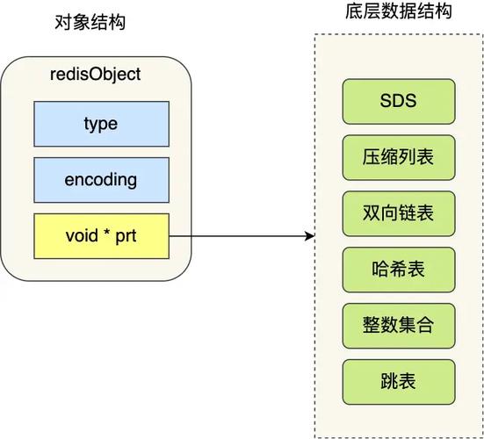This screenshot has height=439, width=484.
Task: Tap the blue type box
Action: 101,124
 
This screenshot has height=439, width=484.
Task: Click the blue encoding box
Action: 101,180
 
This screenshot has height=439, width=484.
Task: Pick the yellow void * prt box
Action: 101,236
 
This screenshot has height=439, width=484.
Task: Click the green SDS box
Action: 399,101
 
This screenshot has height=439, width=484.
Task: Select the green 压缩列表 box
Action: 399,157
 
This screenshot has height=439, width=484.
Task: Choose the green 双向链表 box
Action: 399,213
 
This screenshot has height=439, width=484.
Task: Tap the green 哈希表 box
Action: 399,270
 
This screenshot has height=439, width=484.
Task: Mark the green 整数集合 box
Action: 399,326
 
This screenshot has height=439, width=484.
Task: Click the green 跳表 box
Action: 399,382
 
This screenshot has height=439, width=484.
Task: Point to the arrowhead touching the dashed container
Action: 309,236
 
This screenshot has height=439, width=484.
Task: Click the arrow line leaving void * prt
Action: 237,236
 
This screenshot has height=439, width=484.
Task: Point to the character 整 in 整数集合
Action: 372,326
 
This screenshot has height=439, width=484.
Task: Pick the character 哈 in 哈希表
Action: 381,270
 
